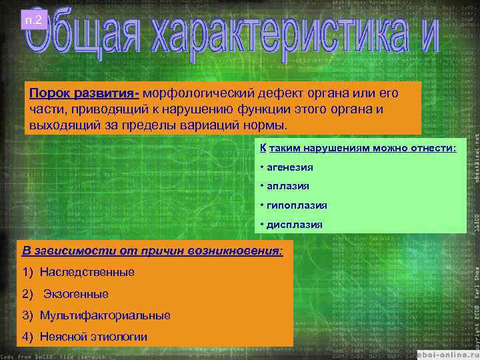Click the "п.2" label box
[x=33, y=21]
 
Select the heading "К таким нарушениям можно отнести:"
[x=358, y=149]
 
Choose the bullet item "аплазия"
[x=287, y=187]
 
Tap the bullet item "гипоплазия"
[x=294, y=206]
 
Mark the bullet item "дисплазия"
[x=294, y=225]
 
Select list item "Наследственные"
[x=87, y=272]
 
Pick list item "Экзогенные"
[x=76, y=294]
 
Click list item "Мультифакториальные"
[x=105, y=315]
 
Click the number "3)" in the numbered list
[x=27, y=315]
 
